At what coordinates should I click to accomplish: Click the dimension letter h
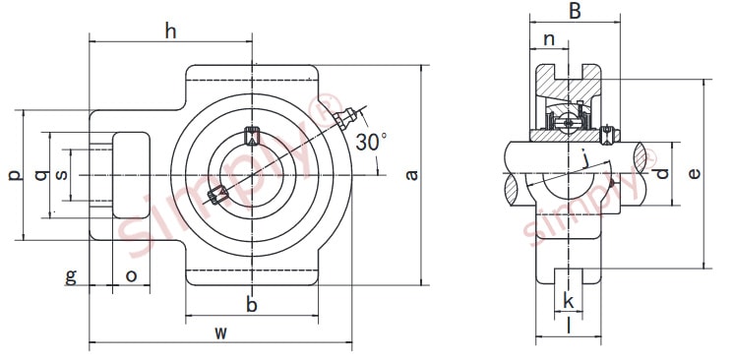(x=170, y=31)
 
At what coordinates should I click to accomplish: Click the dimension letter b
(x=252, y=305)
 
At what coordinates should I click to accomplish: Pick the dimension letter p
(x=13, y=176)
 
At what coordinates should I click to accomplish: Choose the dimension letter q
(x=39, y=175)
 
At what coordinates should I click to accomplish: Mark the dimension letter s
(x=61, y=175)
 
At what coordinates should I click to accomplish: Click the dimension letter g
(x=71, y=275)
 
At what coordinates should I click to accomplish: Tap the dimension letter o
(x=132, y=275)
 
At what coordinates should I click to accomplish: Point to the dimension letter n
(x=550, y=40)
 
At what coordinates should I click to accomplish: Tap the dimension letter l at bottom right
(x=569, y=325)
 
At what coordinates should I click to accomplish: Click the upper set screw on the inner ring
(x=251, y=135)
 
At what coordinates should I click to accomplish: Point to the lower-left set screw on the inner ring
(x=218, y=195)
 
